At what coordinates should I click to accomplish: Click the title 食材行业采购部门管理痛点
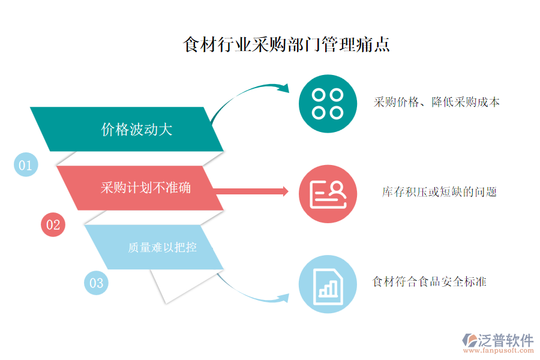coord(286,44)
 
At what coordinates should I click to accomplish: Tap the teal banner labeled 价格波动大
coord(127,129)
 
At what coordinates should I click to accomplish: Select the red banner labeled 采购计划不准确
coord(140,188)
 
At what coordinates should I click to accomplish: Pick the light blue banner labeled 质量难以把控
coord(154,247)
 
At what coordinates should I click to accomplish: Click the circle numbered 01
coord(26,164)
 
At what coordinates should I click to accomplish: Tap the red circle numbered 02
coord(53,224)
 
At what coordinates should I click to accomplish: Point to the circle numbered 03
coord(96,283)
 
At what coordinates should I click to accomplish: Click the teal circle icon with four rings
coord(328,104)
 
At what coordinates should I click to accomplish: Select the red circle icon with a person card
coord(328,194)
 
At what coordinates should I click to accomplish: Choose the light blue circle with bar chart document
coord(328,284)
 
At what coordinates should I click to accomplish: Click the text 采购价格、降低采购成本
coord(436,102)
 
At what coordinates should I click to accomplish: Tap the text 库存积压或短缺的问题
coord(439,192)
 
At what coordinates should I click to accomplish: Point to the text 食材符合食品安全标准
coord(430,282)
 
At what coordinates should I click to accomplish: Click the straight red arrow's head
coord(286,191)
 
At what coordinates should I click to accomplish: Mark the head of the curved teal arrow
coord(284,88)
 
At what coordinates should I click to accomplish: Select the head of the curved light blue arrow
coord(284,298)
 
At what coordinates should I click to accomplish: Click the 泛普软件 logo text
coord(506,340)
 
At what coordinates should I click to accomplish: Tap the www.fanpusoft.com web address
coord(499,350)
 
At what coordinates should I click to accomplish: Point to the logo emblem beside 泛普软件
coord(470,340)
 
